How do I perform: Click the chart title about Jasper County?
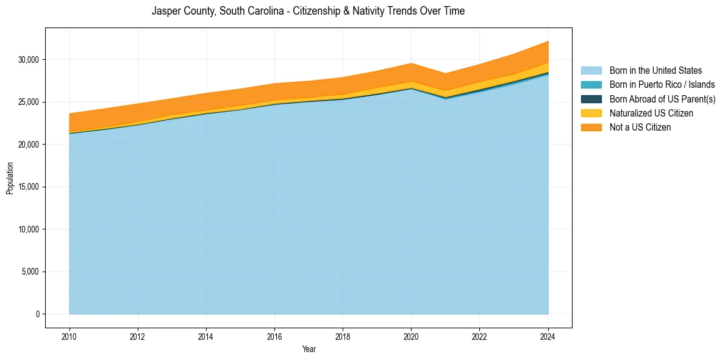(308, 11)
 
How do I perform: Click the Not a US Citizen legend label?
(640, 127)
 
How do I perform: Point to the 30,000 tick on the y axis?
(29, 60)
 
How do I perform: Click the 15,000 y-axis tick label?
(29, 187)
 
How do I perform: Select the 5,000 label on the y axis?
(30, 272)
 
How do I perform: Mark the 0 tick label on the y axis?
(37, 314)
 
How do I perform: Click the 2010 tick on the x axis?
(70, 335)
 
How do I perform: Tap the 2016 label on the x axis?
(274, 335)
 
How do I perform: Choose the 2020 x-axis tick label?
(412, 335)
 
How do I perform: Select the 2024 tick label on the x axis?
(548, 335)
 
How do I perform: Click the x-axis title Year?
(309, 349)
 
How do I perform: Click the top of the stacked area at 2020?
(412, 63)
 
